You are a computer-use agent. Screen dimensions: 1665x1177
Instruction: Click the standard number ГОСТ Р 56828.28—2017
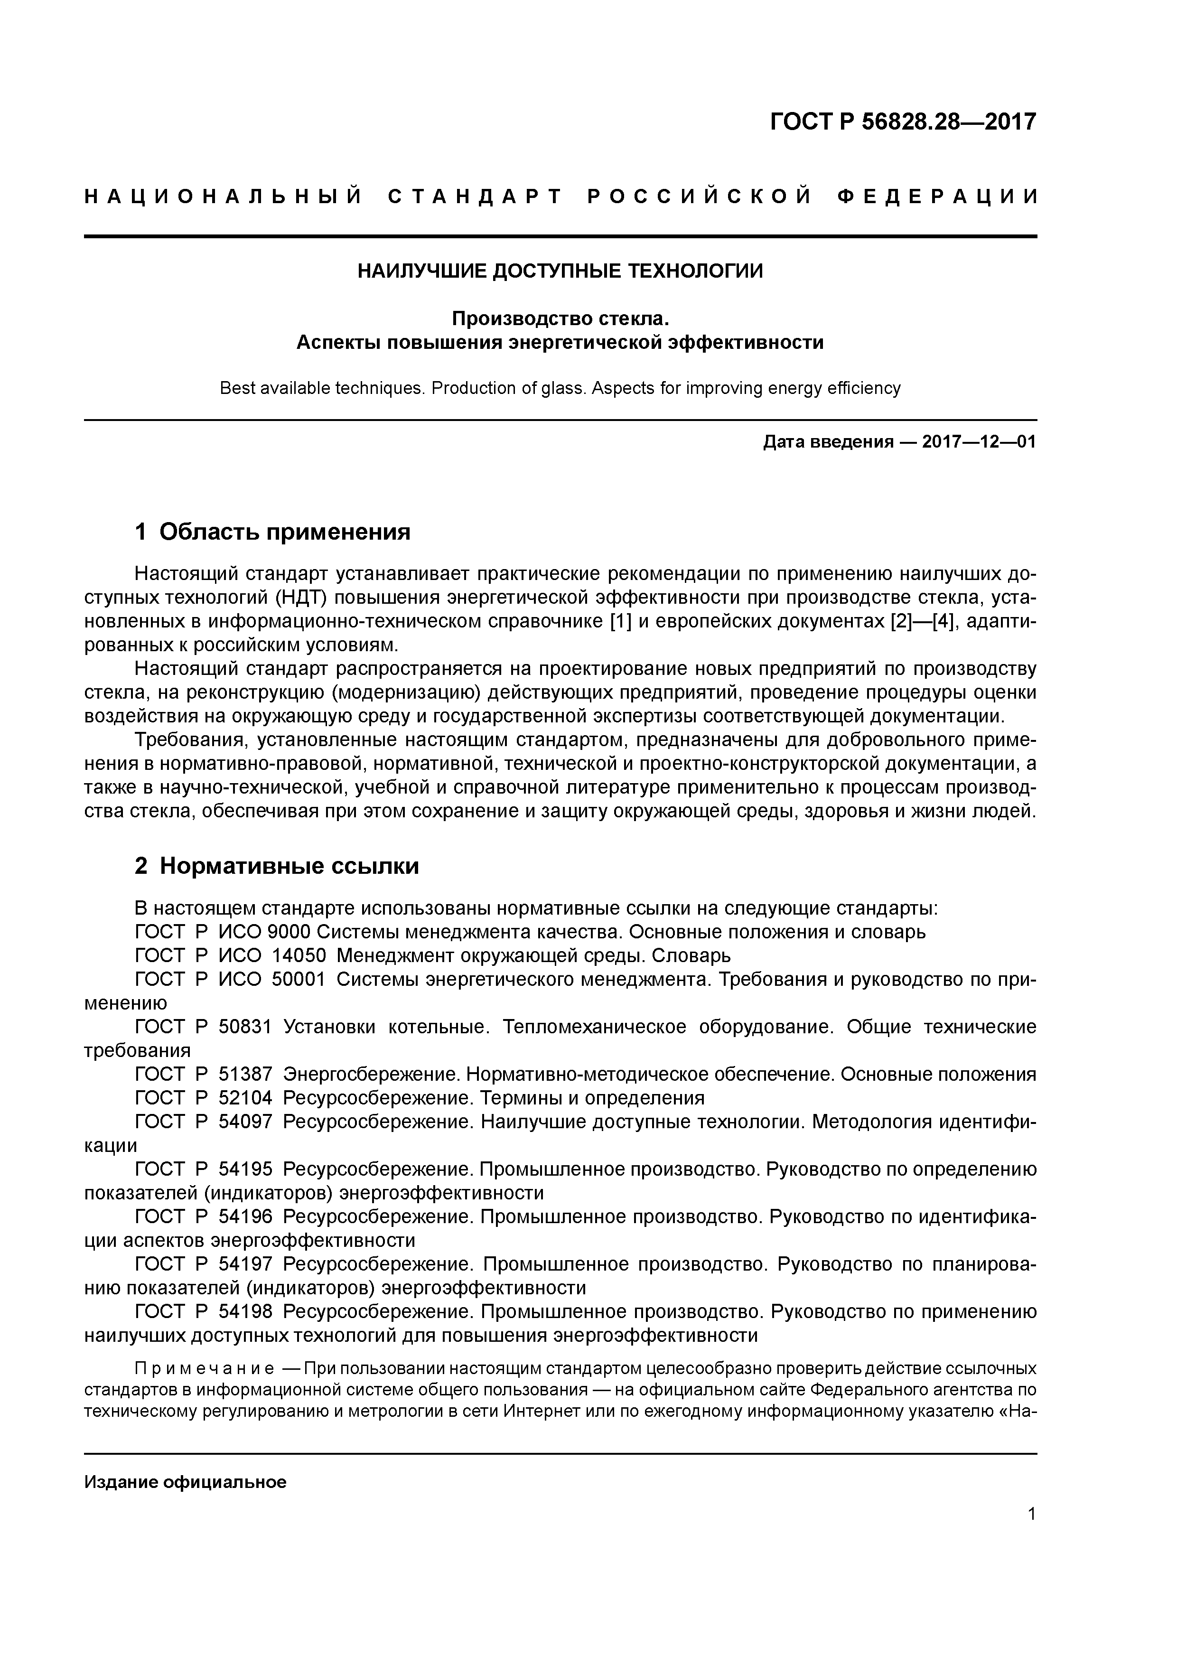coord(902,122)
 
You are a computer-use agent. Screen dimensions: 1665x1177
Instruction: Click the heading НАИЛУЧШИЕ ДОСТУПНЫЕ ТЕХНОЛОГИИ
coord(560,271)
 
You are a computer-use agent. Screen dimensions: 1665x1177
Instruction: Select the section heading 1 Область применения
coord(273,532)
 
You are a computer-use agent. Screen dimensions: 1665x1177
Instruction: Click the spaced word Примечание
coord(205,1368)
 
